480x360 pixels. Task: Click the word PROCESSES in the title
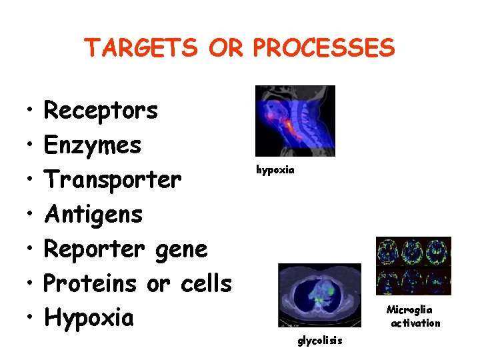[x=325, y=48]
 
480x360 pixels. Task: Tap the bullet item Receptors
[x=101, y=111]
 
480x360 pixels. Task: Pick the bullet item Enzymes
[x=92, y=145]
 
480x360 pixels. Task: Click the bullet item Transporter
[x=112, y=180]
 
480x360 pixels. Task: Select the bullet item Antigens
[x=93, y=215]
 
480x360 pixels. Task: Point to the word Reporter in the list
[x=94, y=249]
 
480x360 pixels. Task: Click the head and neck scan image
[x=295, y=121]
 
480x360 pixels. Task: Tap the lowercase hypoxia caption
[x=275, y=170]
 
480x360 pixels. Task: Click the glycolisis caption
[x=320, y=341]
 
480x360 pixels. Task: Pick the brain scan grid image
[x=413, y=266]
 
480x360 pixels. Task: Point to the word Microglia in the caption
[x=409, y=310]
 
